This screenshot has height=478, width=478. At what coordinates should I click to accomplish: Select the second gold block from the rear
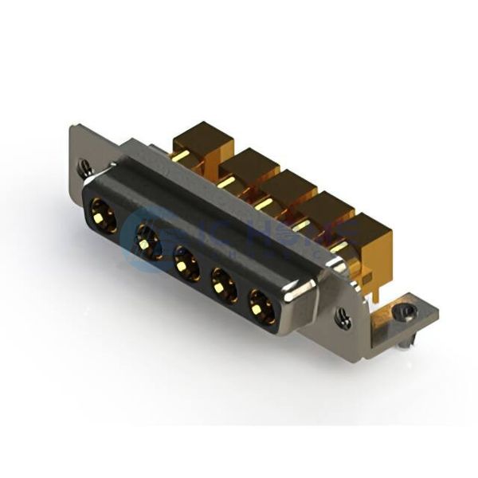click(x=249, y=163)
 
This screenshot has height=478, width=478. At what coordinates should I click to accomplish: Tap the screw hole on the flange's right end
click(x=343, y=321)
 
